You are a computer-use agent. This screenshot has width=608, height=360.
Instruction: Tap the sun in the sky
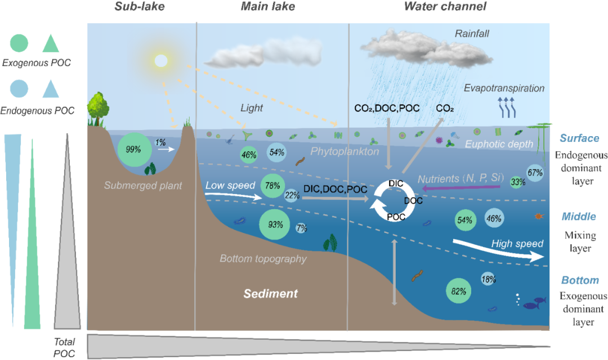click(x=161, y=60)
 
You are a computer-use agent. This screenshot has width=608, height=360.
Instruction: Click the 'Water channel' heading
click(x=445, y=7)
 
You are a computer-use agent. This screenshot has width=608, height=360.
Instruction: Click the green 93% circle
click(x=275, y=224)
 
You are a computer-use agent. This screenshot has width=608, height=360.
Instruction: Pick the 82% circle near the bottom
click(x=458, y=291)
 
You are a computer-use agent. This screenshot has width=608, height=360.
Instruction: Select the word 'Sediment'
click(x=270, y=294)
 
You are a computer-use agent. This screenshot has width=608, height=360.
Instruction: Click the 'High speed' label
click(x=517, y=244)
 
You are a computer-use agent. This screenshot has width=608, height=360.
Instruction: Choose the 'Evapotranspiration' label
click(x=504, y=88)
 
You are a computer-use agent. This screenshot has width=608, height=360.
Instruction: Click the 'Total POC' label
click(x=65, y=348)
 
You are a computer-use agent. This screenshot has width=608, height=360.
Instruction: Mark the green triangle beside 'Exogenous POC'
click(x=51, y=43)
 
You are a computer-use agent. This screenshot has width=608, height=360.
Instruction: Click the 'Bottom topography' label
click(x=263, y=259)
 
